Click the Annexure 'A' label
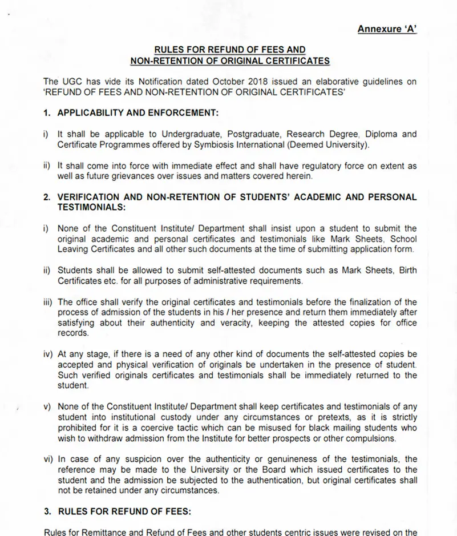click(x=387, y=29)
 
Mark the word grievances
click(x=123, y=176)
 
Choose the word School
click(x=403, y=239)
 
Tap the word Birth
click(x=406, y=271)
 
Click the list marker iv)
click(x=48, y=354)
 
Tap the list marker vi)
click(x=48, y=459)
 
